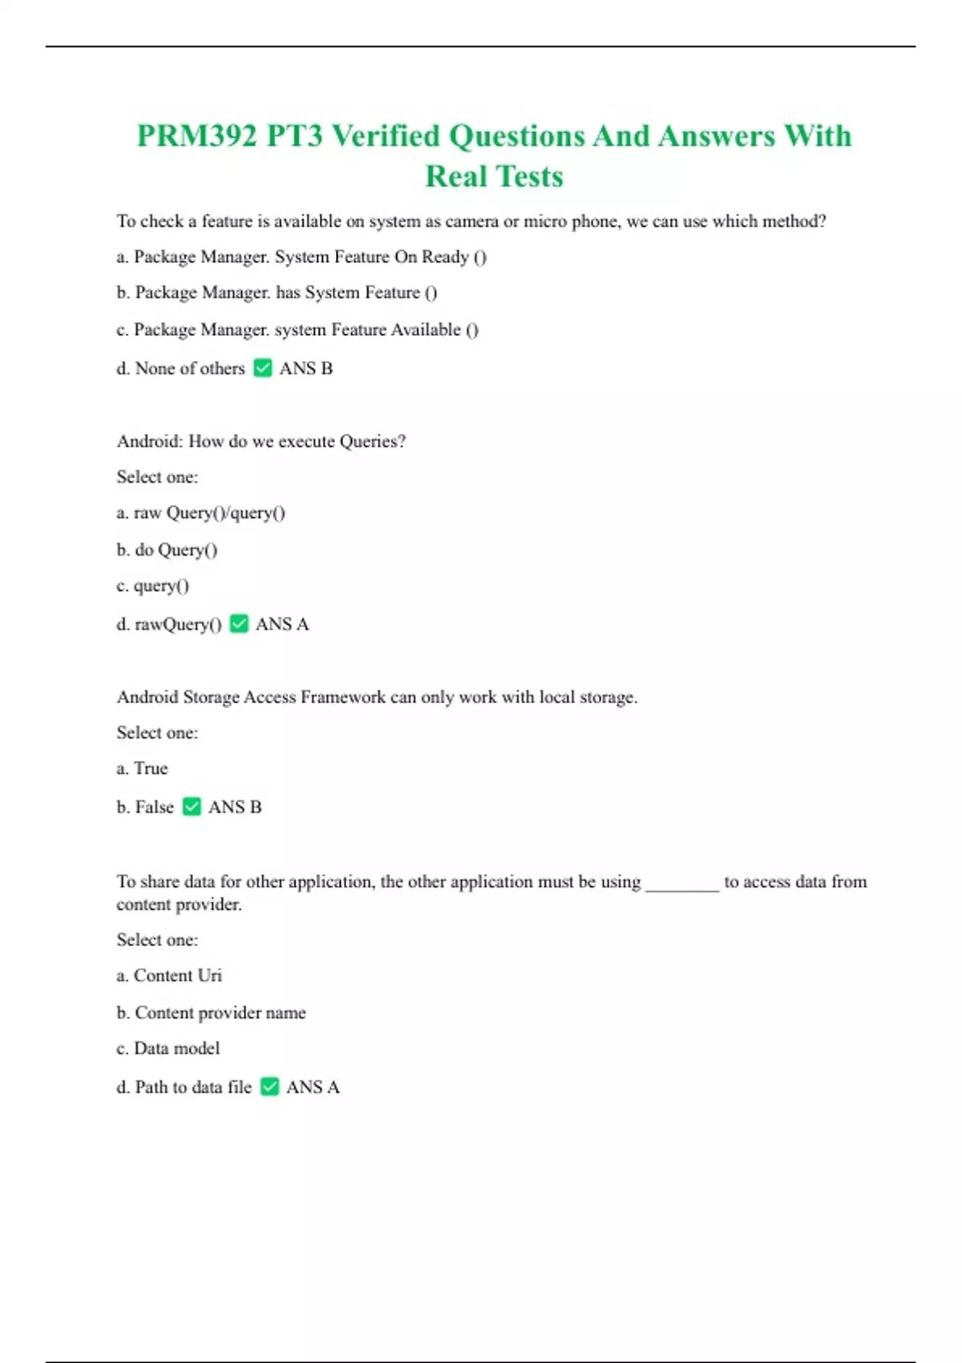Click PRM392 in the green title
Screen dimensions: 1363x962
coord(197,136)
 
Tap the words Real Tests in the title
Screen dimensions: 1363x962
coord(494,176)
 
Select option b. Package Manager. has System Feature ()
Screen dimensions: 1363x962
coord(277,293)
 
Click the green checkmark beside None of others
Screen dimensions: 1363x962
coord(262,368)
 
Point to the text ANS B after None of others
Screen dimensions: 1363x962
coord(305,368)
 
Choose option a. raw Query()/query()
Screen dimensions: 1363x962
coord(200,513)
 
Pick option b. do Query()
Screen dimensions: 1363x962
coord(167,550)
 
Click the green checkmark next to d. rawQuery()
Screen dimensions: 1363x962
coord(239,624)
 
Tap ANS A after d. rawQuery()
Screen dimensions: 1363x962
coord(281,624)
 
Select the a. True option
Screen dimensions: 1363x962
coord(142,768)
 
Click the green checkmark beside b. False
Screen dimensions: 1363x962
coord(192,807)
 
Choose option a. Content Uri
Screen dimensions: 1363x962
coord(169,976)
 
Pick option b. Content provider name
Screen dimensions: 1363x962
coord(211,1013)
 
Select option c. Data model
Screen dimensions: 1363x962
coord(168,1049)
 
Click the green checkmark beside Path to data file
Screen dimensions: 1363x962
coord(269,1087)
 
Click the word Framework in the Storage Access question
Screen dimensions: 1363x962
coord(342,698)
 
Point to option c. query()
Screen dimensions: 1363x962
coord(152,586)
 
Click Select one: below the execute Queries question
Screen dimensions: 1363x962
coord(157,477)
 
